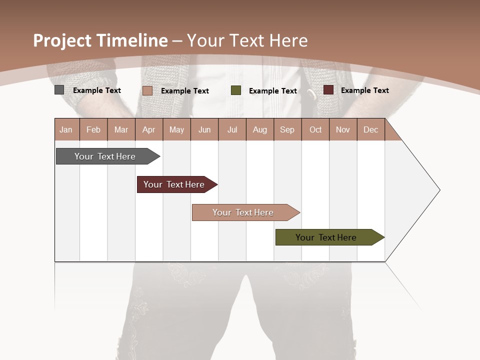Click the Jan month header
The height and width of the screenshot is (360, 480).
[66, 129]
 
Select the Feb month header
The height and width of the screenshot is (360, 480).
[93, 129]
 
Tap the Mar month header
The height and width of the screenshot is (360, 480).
[121, 129]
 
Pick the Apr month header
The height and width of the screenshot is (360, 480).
[149, 129]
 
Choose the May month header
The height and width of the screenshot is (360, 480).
[176, 129]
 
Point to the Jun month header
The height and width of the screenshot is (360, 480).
[204, 129]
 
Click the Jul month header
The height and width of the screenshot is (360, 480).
[232, 129]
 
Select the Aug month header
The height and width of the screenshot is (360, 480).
[260, 129]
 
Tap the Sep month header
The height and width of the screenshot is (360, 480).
[287, 129]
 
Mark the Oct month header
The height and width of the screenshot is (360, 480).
[315, 129]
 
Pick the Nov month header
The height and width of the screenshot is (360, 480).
[343, 129]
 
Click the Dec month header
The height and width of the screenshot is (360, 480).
[370, 129]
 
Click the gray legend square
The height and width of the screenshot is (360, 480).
[59, 90]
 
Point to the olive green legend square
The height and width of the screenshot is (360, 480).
[236, 90]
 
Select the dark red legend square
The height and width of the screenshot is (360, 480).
[328, 90]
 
